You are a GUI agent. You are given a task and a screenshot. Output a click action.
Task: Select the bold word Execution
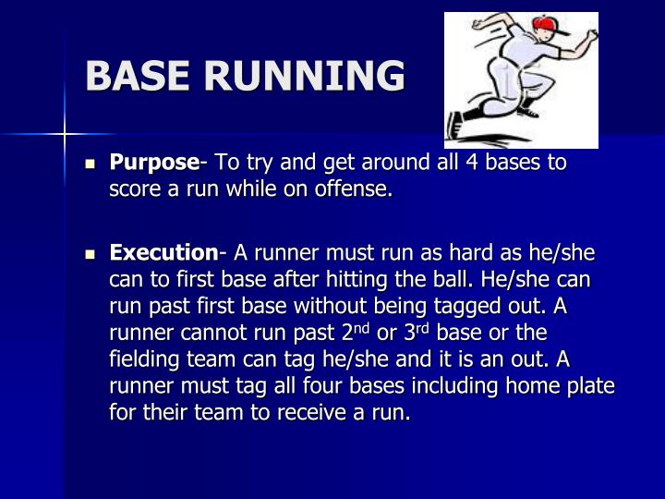(163, 252)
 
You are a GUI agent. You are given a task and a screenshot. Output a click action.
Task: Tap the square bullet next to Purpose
(91, 164)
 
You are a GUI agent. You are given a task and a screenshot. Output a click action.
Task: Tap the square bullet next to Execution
(91, 252)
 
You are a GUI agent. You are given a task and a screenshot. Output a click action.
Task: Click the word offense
(357, 190)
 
